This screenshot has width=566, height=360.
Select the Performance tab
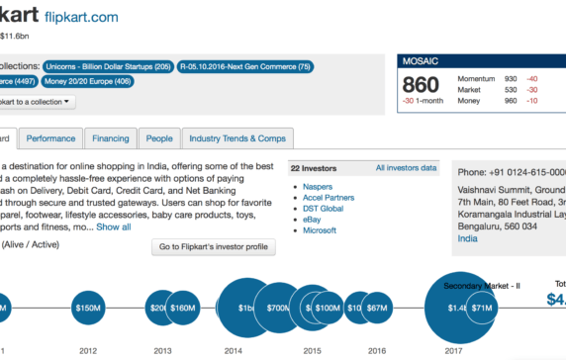point(50,139)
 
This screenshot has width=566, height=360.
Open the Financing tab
point(110,139)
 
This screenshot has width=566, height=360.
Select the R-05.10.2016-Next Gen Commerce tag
point(245,67)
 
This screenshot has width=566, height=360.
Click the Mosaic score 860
point(420,86)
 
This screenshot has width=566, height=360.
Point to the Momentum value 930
point(511,77)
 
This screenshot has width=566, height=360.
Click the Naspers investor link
point(320,186)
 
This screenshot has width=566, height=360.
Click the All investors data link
point(406,168)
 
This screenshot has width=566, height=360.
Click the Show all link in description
point(113,226)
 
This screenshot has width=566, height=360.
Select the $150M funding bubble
point(88,308)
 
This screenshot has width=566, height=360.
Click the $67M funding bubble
point(376,308)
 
